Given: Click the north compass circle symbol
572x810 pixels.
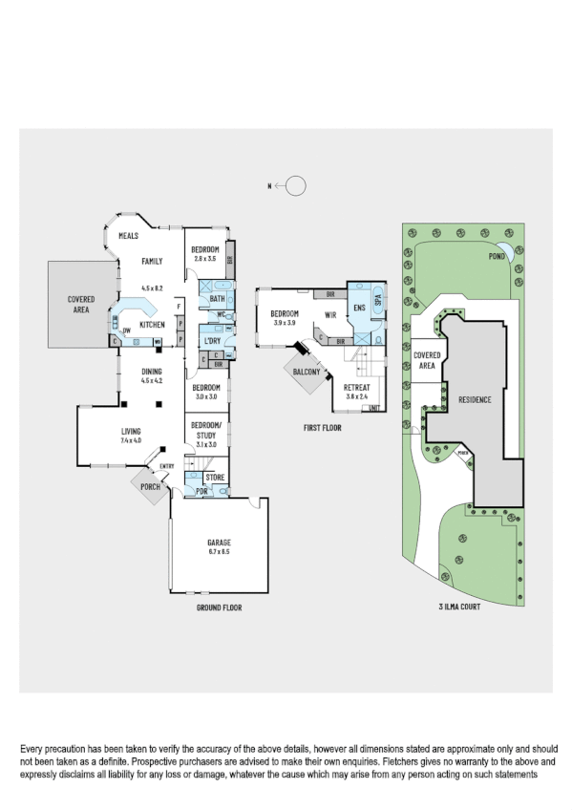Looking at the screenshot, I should pos(296,186).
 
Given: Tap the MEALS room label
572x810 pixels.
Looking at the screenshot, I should pos(129,235).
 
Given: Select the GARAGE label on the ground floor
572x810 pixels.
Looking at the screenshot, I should pos(219,543).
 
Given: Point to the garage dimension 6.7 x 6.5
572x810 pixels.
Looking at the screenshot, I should pos(219,552).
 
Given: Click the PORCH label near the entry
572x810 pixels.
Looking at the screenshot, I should pos(148,487).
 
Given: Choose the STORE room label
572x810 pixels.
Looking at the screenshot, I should pos(215,476).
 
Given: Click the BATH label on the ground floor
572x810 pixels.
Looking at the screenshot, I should pos(217,299).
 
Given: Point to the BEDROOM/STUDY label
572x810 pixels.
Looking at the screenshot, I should pos(205,430).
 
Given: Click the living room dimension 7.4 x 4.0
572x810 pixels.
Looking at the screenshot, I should pos(131,440).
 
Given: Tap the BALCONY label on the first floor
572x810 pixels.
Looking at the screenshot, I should pos(307,372).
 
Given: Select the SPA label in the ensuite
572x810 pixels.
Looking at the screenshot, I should pos(377,301).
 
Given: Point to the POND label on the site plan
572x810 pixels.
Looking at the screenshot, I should pos(497,256).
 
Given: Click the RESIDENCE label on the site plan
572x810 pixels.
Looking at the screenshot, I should pos(475,399).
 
